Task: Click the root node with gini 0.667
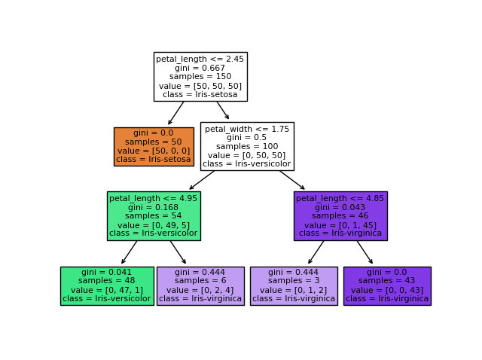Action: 200,77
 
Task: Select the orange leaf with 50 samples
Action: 154,146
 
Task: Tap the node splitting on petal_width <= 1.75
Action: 247,146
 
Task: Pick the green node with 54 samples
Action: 154,215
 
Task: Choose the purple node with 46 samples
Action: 340,215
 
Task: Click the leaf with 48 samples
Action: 107,285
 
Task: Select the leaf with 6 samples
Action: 200,285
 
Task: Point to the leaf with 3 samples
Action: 294,285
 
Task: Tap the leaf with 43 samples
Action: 387,285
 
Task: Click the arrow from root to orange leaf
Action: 176,113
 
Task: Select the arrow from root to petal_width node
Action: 223,111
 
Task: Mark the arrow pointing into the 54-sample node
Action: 202,180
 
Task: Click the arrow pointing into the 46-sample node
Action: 292,180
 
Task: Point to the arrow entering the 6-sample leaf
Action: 178,252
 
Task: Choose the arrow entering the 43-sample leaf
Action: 365,252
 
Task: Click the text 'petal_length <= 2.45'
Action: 200,59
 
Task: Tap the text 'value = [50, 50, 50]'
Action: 200,85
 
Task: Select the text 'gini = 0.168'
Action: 154,207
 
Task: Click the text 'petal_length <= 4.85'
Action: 340,198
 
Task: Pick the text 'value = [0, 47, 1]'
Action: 107,290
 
